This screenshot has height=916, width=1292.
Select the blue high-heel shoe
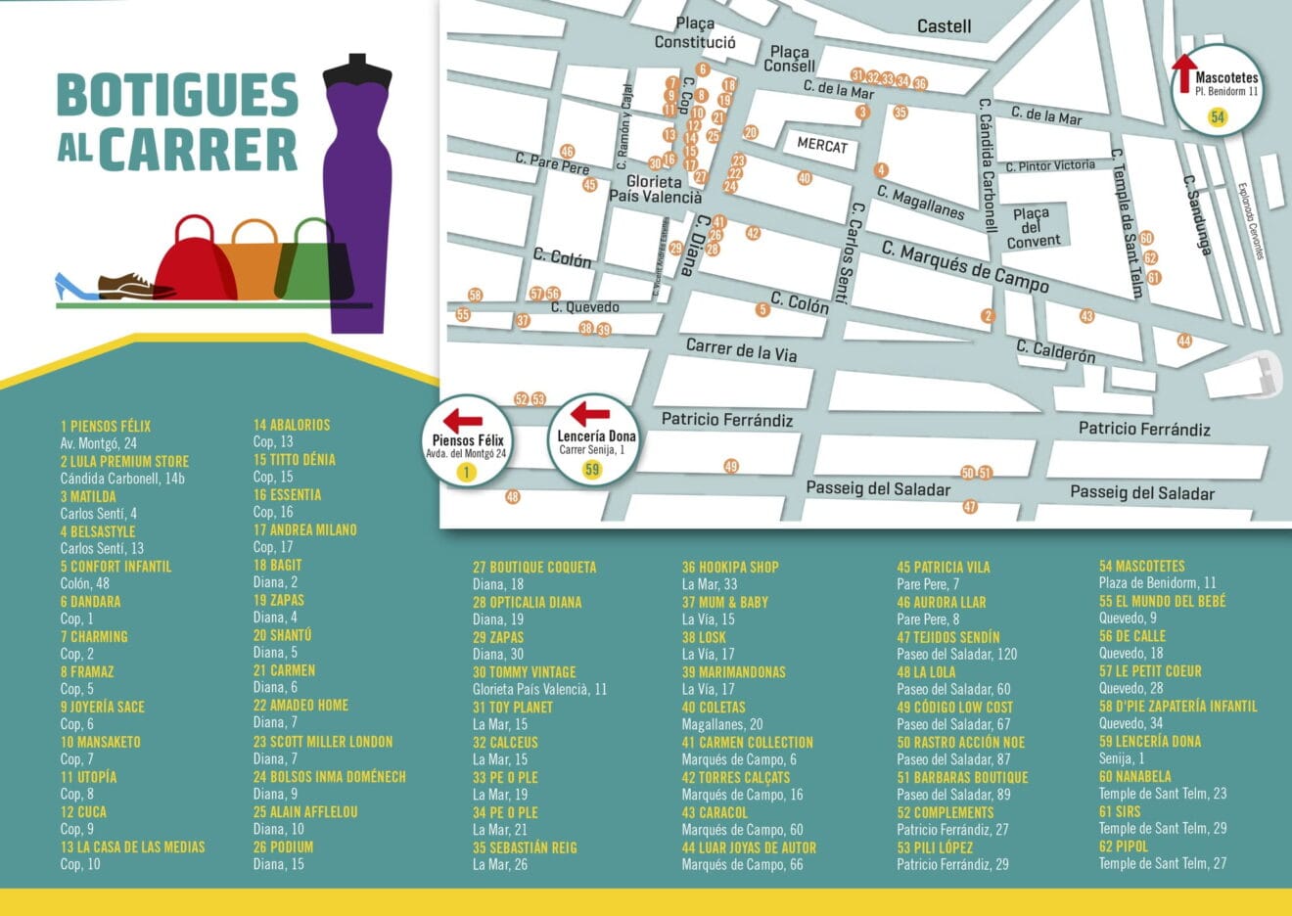pos(74,288)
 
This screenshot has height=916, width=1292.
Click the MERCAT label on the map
pos(821,145)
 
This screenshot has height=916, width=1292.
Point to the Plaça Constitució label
pos(695,33)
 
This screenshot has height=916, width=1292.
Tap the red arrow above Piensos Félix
pos(462,421)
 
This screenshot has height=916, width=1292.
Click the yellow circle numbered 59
pos(591,470)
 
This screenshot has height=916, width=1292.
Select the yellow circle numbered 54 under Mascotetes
pos(1217,116)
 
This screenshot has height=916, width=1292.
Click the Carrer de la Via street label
pos(741,349)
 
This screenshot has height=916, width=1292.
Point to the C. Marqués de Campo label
pos(964,266)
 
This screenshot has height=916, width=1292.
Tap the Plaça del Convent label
pos(1033,227)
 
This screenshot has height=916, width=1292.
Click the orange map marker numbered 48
pos(512,497)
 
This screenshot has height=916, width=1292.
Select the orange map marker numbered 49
pos(731,466)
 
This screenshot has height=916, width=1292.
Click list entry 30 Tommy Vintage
pos(524,672)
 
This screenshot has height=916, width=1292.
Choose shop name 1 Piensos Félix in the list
pos(106,426)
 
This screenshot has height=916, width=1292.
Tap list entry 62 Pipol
pos(1124,847)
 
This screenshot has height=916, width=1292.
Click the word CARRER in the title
pos(197,150)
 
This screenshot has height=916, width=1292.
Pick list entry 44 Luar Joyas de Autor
pos(749,847)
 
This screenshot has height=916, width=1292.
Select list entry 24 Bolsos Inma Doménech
pos(329,777)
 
